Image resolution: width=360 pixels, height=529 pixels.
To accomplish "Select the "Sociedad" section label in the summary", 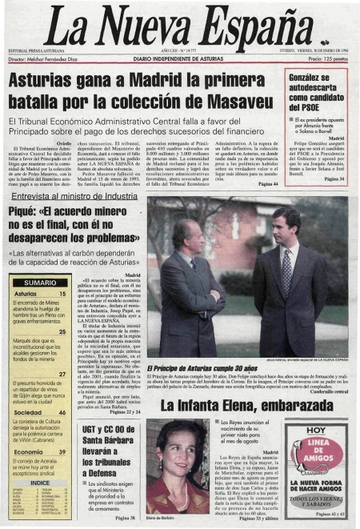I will [x=29, y=412].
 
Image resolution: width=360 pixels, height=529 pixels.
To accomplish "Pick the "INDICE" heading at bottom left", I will [x=39, y=483].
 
